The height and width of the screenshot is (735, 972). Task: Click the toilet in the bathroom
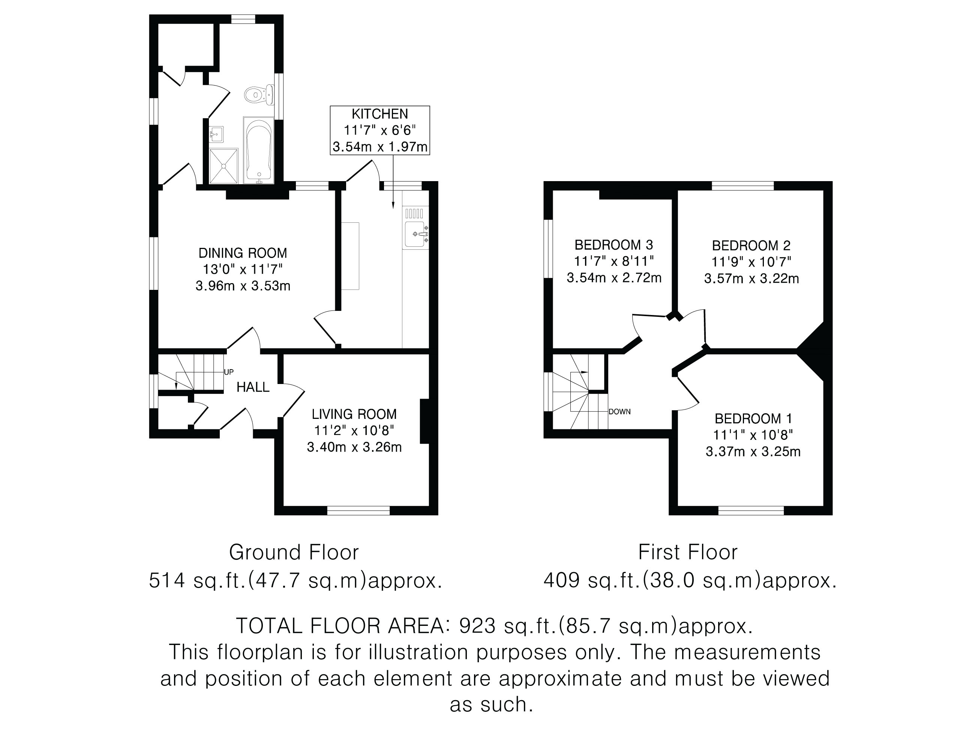tap(258, 94)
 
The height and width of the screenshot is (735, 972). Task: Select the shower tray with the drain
tap(223, 166)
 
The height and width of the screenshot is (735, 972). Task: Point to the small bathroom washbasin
tap(217, 133)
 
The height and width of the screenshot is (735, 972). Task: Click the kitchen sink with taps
tap(415, 233)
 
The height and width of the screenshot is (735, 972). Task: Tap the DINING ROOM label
tap(243, 253)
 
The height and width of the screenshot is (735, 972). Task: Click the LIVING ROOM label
tap(354, 414)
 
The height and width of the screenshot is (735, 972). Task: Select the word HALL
tap(253, 387)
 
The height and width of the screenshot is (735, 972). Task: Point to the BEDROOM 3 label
tap(614, 245)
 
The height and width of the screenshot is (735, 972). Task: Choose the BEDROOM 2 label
tap(751, 246)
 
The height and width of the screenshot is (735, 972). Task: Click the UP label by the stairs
tap(229, 372)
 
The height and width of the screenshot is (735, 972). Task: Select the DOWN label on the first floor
tap(619, 412)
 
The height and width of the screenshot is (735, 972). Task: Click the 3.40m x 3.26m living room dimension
tap(354, 447)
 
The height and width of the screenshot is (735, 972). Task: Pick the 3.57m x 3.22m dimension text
tap(751, 279)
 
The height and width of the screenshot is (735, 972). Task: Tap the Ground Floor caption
tap(294, 552)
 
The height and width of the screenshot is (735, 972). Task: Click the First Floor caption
tap(688, 552)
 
